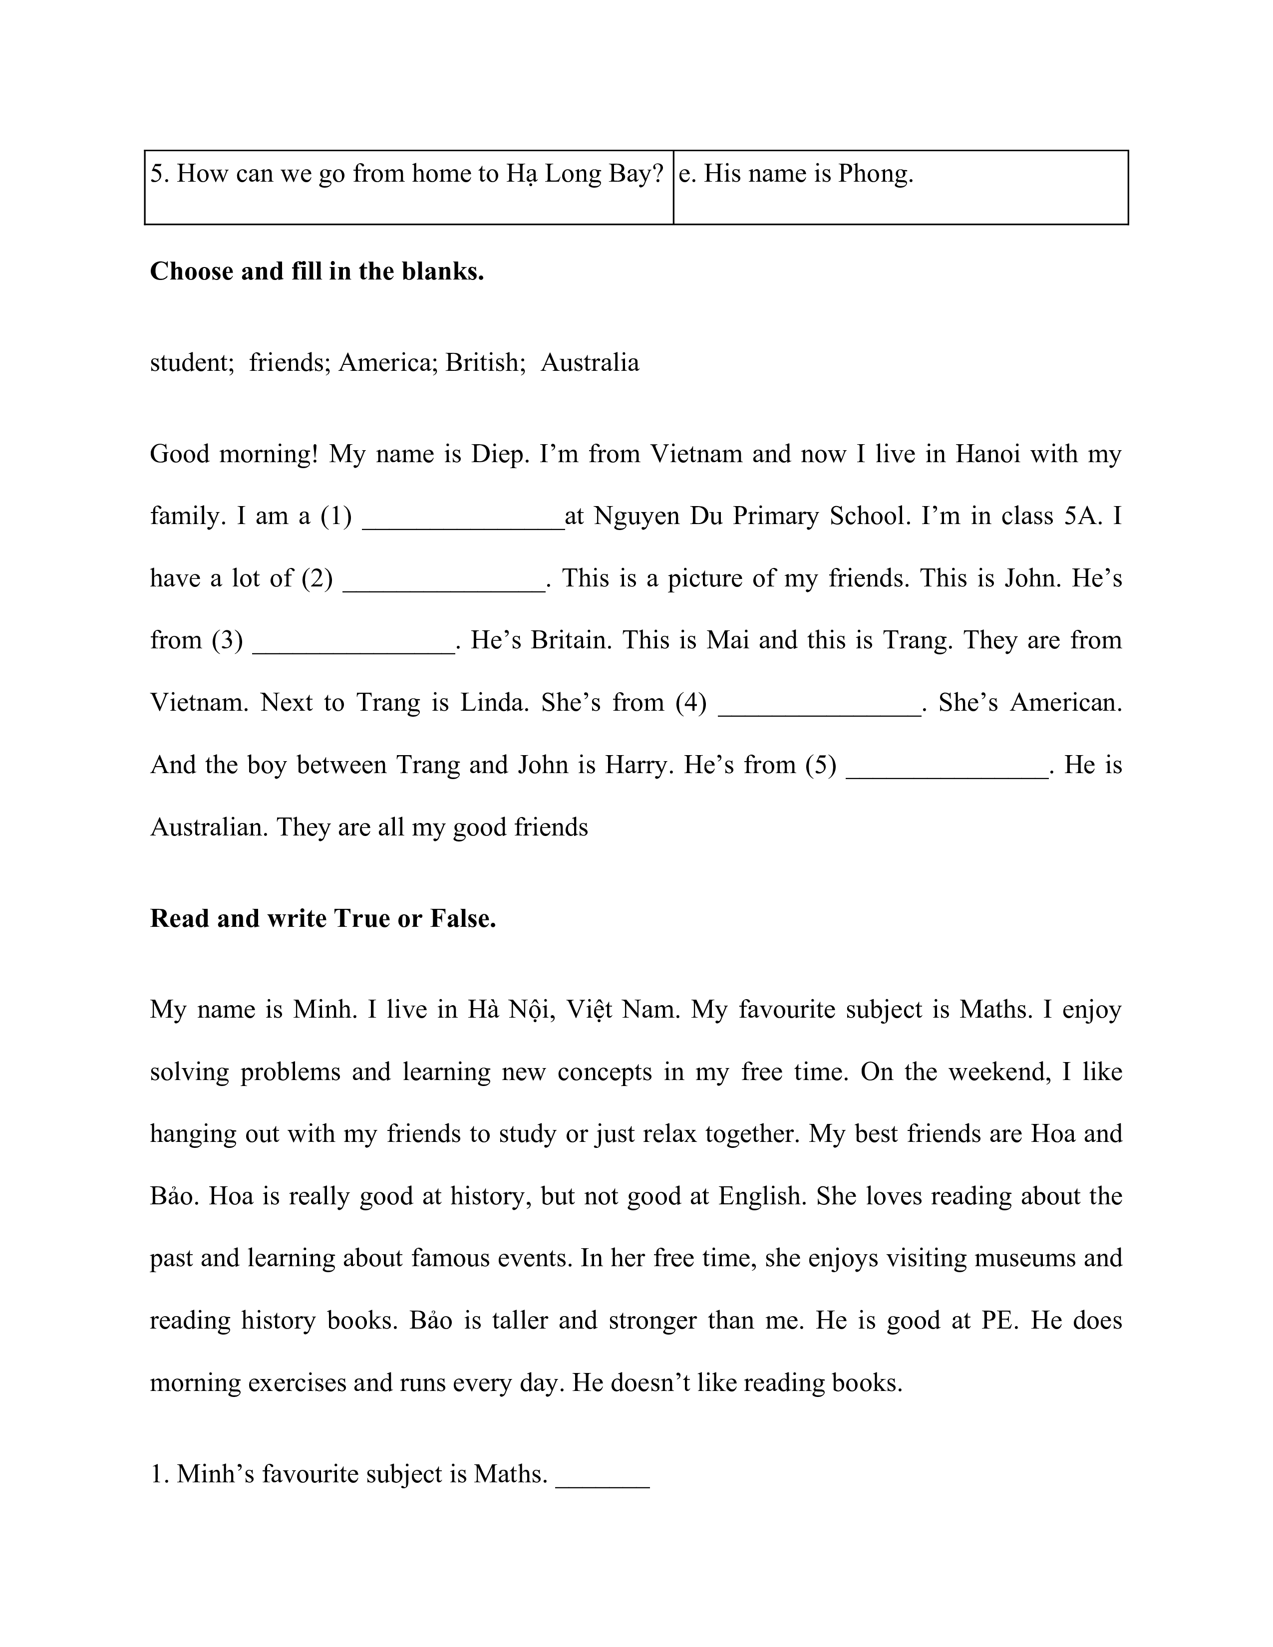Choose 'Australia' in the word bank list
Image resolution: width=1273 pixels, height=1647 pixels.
pos(590,363)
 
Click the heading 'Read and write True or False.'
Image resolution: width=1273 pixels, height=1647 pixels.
pos(323,918)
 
